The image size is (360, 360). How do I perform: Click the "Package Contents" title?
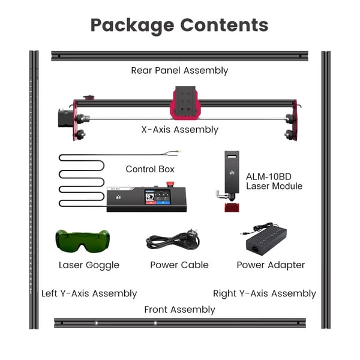point(179,25)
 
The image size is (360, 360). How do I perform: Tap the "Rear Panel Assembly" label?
point(179,70)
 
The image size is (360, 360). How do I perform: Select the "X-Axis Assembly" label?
point(180,130)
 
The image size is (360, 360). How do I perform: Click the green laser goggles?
point(82,241)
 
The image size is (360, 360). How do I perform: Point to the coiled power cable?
point(173,240)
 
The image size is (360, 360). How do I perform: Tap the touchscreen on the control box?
point(157,197)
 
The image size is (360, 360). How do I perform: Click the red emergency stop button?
point(170,184)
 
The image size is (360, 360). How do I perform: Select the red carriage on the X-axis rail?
point(185,103)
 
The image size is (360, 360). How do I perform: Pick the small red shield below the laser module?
point(232,208)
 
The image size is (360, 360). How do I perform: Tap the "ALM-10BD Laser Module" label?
point(274,181)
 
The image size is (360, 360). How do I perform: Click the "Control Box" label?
point(150,169)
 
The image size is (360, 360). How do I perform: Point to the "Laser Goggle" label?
point(89,265)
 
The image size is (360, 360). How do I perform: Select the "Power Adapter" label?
point(271,265)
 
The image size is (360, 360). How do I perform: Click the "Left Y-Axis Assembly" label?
point(89,293)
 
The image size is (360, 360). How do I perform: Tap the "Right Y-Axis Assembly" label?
point(265,293)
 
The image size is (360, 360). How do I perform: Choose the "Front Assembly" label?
point(179,310)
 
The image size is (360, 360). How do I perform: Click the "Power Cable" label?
point(179,265)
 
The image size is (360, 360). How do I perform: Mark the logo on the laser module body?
point(232,172)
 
